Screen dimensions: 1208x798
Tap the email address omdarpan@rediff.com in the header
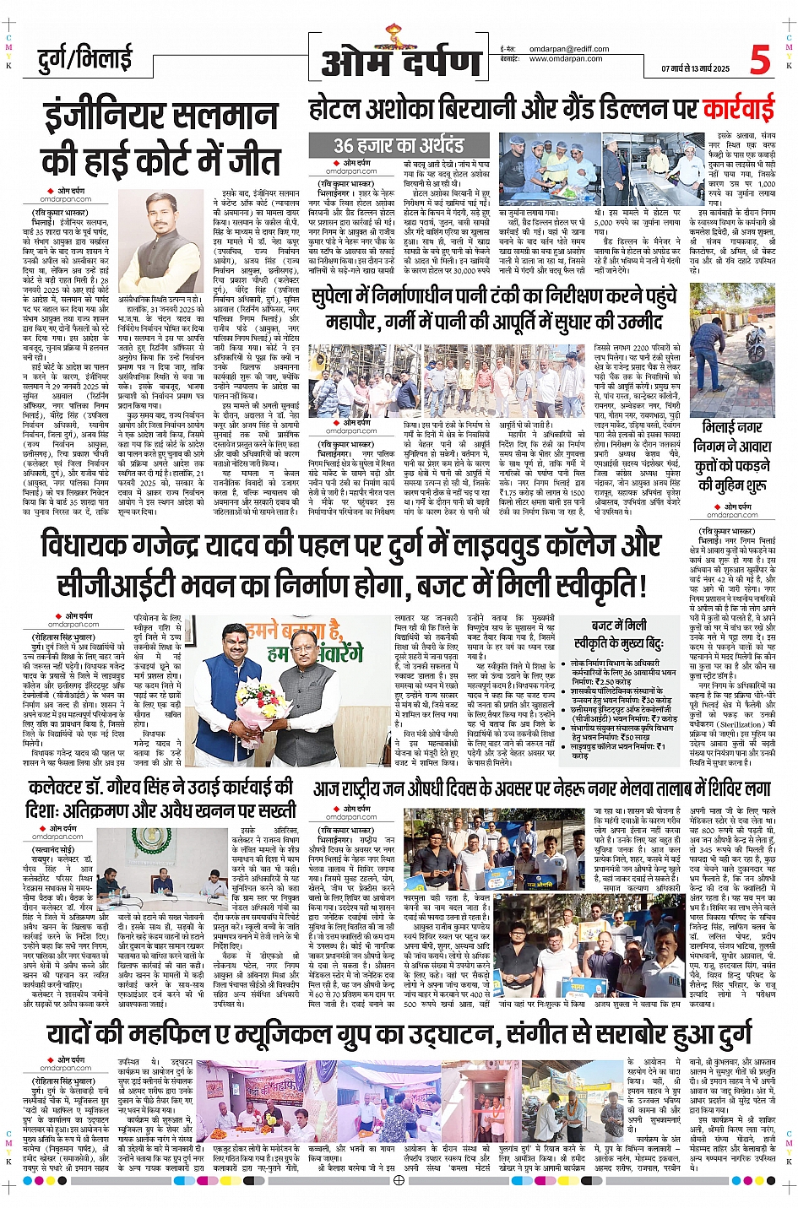(568, 49)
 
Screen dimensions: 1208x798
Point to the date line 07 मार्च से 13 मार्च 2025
(695, 68)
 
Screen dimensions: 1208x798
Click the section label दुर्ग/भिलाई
(84, 59)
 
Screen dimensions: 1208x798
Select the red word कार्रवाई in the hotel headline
(738, 110)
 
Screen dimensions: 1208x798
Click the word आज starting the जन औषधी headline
(330, 789)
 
